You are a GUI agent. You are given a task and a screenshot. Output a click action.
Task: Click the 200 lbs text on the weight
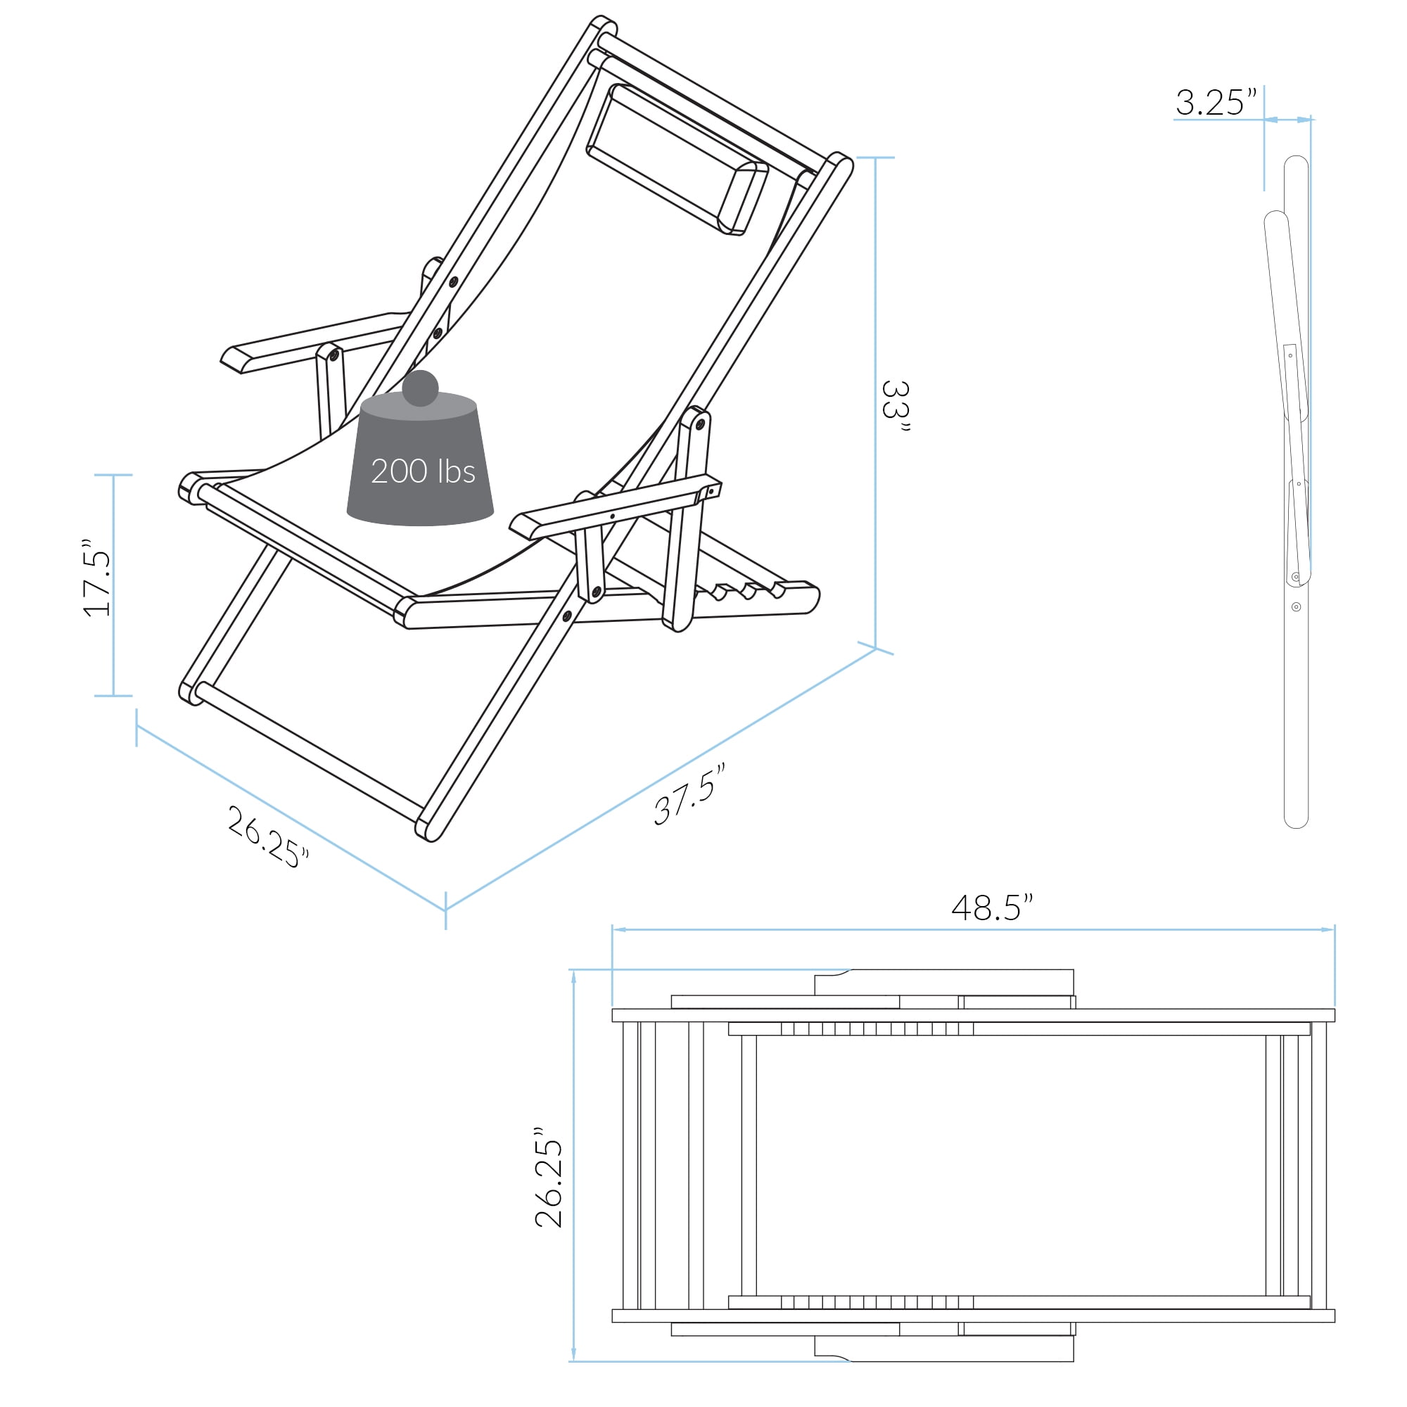click(x=422, y=471)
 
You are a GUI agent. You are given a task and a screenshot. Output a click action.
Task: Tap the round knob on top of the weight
click(x=420, y=388)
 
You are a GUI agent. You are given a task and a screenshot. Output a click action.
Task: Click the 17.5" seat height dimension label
click(x=98, y=579)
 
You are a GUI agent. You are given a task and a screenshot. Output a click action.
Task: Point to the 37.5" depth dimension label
click(x=688, y=794)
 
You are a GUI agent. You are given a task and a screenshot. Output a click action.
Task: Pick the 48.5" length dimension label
click(x=991, y=908)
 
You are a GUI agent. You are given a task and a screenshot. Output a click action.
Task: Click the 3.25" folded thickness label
click(x=1216, y=103)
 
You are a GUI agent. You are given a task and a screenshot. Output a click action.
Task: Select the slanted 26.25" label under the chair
click(x=267, y=837)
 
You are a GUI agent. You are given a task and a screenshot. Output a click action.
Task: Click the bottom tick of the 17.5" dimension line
click(x=113, y=696)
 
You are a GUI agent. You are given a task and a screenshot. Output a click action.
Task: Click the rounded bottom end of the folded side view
click(x=1296, y=822)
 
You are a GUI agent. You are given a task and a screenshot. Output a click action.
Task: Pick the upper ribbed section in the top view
click(x=877, y=1029)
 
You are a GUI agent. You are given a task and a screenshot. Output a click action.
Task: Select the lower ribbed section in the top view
click(x=877, y=1301)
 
